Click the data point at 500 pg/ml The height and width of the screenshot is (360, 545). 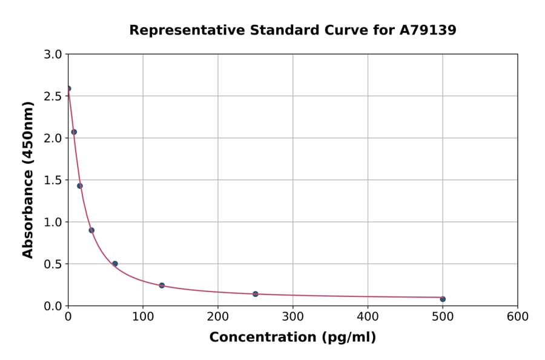click(x=443, y=299)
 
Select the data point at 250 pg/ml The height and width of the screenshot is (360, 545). click(x=256, y=294)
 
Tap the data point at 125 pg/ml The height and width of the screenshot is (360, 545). click(x=162, y=285)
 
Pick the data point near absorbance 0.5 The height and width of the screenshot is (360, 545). click(x=115, y=264)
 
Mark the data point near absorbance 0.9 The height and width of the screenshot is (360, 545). click(x=91, y=230)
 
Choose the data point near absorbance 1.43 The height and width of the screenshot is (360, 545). click(x=80, y=186)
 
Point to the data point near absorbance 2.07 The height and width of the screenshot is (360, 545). click(x=74, y=132)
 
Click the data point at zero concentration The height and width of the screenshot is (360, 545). click(x=68, y=88)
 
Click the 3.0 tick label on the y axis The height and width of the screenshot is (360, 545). click(x=54, y=55)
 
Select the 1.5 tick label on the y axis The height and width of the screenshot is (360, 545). click(x=54, y=180)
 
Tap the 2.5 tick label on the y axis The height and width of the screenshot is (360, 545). click(x=54, y=96)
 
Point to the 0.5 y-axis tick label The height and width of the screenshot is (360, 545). click(x=54, y=264)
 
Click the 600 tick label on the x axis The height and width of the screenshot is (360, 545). click(x=518, y=316)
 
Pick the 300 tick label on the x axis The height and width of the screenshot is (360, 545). click(x=293, y=316)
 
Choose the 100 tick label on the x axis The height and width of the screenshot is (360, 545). click(x=143, y=316)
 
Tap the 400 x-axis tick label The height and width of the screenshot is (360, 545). click(x=368, y=316)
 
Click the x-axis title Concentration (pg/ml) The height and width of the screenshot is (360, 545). click(x=292, y=338)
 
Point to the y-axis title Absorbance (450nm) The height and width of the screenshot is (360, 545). click(x=28, y=179)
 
